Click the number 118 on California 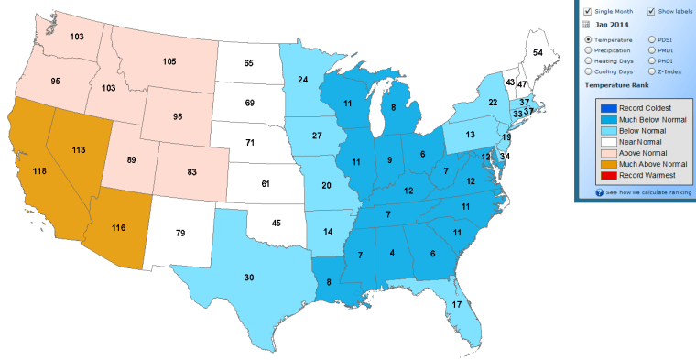point(38,171)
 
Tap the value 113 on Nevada point(79,149)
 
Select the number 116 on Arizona point(119,226)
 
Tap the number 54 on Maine point(538,53)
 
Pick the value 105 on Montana point(169,61)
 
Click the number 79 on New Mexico point(180,234)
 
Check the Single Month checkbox point(586,11)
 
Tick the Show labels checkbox point(651,11)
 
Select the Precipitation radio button point(587,50)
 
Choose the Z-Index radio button point(651,71)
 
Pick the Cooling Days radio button point(587,71)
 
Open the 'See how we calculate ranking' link point(636,193)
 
